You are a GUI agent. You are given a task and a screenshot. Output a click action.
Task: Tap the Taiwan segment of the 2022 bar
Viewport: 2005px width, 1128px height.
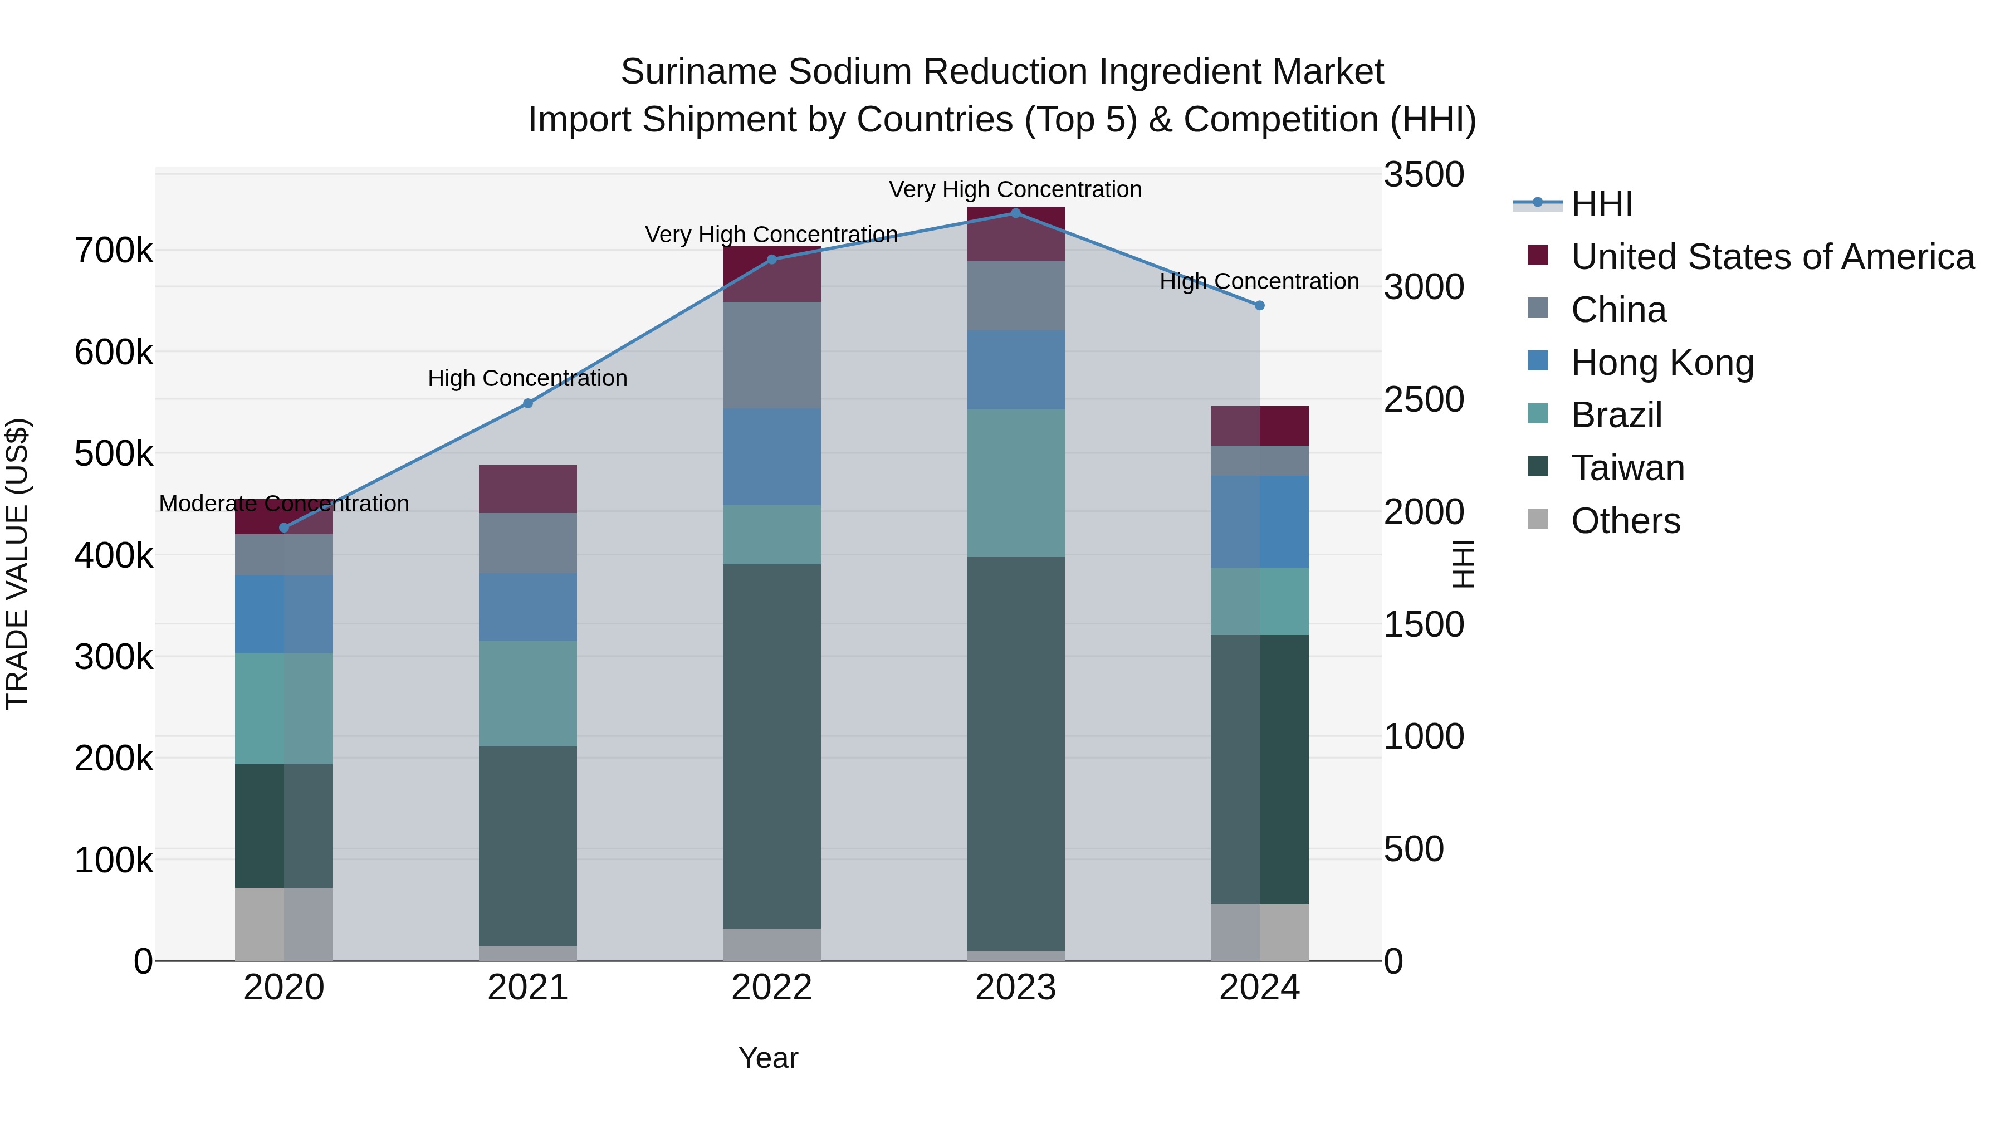(x=771, y=746)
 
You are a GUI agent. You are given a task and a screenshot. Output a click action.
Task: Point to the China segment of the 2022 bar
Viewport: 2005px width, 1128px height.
(x=771, y=355)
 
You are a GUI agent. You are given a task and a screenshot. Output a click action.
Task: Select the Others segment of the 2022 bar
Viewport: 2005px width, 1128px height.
(x=771, y=944)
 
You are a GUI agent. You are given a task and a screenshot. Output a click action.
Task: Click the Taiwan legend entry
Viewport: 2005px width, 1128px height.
(x=1627, y=468)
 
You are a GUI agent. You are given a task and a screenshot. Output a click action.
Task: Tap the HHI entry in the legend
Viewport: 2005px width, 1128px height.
(x=1601, y=204)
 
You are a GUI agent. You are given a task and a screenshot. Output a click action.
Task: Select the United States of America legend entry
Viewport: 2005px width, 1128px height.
(x=1772, y=257)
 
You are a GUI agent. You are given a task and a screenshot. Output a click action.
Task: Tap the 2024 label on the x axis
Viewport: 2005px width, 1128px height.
(x=1259, y=988)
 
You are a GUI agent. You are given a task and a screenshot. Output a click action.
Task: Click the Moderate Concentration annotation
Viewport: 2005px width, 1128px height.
(x=283, y=504)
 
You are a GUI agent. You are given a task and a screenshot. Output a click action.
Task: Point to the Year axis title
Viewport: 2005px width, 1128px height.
(x=767, y=1058)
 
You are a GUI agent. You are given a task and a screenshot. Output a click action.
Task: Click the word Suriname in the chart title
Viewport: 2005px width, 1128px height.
(x=698, y=72)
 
